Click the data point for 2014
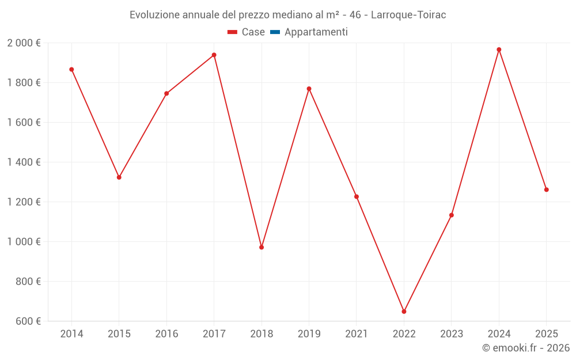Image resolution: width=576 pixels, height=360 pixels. (71, 70)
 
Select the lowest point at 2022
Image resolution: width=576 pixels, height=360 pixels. (404, 312)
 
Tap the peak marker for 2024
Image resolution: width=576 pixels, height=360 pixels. (499, 50)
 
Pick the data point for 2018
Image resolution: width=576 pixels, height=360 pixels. (262, 247)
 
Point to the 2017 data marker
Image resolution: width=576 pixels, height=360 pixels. (214, 55)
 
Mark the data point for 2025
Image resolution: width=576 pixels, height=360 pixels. (546, 190)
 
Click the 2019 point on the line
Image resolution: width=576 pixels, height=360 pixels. (309, 89)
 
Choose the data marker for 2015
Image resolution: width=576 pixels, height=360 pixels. (119, 177)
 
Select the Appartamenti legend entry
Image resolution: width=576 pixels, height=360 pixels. (316, 32)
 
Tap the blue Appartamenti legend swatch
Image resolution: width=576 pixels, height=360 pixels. (275, 32)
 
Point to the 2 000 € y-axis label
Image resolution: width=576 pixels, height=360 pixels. (24, 43)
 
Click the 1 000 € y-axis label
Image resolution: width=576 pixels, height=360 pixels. (24, 242)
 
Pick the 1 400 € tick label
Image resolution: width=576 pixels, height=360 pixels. (24, 162)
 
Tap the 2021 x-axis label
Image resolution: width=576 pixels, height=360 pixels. (357, 334)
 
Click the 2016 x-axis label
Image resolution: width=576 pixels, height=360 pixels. (166, 334)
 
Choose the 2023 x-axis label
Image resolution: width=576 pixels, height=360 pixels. (452, 334)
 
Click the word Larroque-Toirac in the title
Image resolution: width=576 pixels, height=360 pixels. (408, 15)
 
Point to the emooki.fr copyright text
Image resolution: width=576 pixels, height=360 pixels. (525, 348)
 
